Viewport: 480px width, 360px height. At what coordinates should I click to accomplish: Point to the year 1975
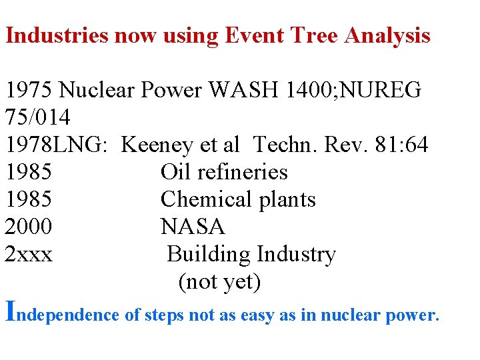pyautogui.click(x=29, y=90)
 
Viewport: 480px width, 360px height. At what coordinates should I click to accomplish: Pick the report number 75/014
pyautogui.click(x=37, y=117)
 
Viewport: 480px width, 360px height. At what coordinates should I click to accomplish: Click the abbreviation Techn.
pyautogui.click(x=284, y=145)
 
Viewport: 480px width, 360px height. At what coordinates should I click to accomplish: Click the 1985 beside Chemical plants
pyautogui.click(x=29, y=199)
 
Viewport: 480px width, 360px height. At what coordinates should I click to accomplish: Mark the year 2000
pyautogui.click(x=29, y=227)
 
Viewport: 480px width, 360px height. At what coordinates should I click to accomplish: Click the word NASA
pyautogui.click(x=193, y=227)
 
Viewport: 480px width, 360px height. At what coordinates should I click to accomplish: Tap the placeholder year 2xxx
pyautogui.click(x=29, y=254)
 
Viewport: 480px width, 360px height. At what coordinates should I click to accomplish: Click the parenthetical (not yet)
pyautogui.click(x=219, y=282)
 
